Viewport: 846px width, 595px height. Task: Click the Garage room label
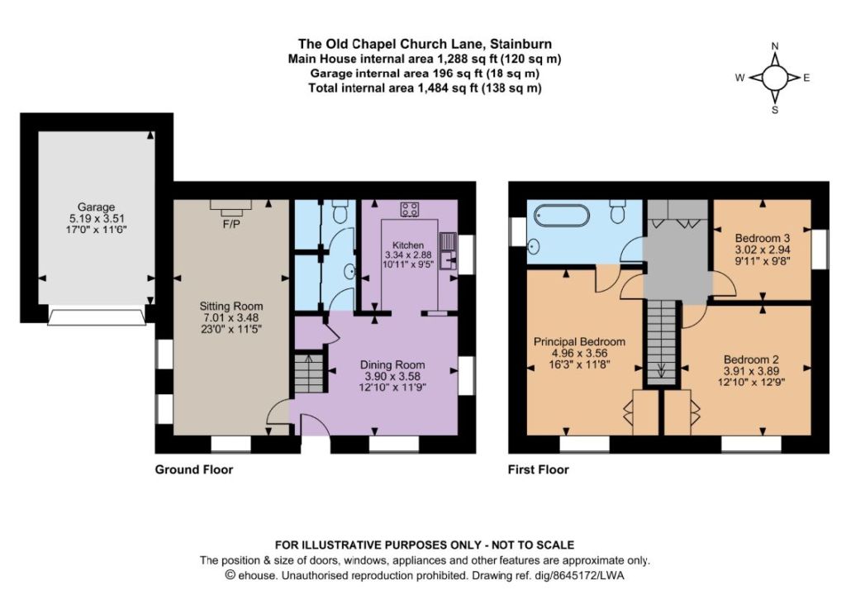click(x=96, y=207)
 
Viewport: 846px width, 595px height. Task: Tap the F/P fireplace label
click(x=231, y=223)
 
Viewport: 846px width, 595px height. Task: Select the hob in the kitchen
click(x=410, y=210)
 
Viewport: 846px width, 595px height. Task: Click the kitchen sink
click(x=449, y=251)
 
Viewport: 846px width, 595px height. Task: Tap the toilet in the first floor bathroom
click(x=618, y=211)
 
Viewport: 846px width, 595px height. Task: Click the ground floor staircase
click(x=309, y=373)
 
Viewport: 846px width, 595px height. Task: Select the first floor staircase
click(x=662, y=342)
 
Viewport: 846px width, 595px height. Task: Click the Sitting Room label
click(x=231, y=306)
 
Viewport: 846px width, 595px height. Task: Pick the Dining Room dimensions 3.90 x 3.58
click(x=392, y=376)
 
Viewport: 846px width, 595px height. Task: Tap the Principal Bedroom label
click(x=579, y=342)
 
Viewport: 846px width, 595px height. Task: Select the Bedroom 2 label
click(x=752, y=359)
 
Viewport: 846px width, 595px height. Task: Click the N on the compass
click(x=775, y=46)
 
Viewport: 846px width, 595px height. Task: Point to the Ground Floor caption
click(x=194, y=469)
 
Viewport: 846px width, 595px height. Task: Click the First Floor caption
click(x=539, y=469)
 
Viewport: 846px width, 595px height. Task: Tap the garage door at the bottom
click(x=97, y=317)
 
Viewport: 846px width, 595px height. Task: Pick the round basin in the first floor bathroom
click(x=534, y=247)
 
